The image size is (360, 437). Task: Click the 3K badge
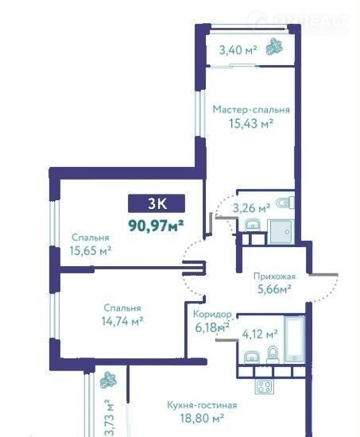pos(157,203)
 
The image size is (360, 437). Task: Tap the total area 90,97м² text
pos(156,226)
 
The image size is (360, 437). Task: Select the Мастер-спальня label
pos(251,110)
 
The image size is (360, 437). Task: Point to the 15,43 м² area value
pos(250,123)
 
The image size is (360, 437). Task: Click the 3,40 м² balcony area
pos(238,50)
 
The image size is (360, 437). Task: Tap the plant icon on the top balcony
pos(274,47)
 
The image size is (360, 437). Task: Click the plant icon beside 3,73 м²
pos(108,380)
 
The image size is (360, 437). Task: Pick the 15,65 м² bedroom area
pos(91,250)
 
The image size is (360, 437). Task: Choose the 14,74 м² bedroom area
pos(122,321)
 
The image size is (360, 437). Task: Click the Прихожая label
pos(274,277)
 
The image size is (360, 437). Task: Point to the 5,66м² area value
pos(274,289)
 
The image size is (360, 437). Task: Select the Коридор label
pos(212,314)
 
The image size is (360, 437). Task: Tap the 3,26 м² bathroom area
pos(251,208)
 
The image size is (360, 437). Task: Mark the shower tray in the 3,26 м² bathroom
pos(281,231)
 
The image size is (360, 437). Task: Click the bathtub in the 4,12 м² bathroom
pos(295,338)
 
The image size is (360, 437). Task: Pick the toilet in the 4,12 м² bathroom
pos(273,354)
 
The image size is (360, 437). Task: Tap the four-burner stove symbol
pos(264,387)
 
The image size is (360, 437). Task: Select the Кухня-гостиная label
pos(202,404)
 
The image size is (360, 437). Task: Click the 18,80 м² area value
pos(202,418)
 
